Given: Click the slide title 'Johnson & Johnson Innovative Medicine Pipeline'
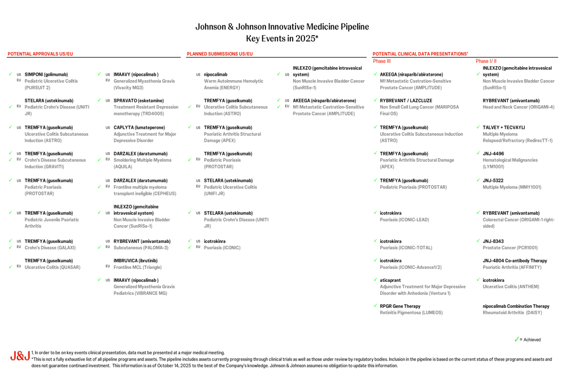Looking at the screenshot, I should pyautogui.click(x=282, y=27).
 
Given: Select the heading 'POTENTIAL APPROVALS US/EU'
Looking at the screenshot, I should pyautogui.click(x=40, y=54).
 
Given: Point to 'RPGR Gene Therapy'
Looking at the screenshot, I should pyautogui.click(x=400, y=306).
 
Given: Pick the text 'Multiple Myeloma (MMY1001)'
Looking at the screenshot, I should pyautogui.click(x=512, y=187).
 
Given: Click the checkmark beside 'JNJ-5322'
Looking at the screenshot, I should pyautogui.click(x=478, y=180).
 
